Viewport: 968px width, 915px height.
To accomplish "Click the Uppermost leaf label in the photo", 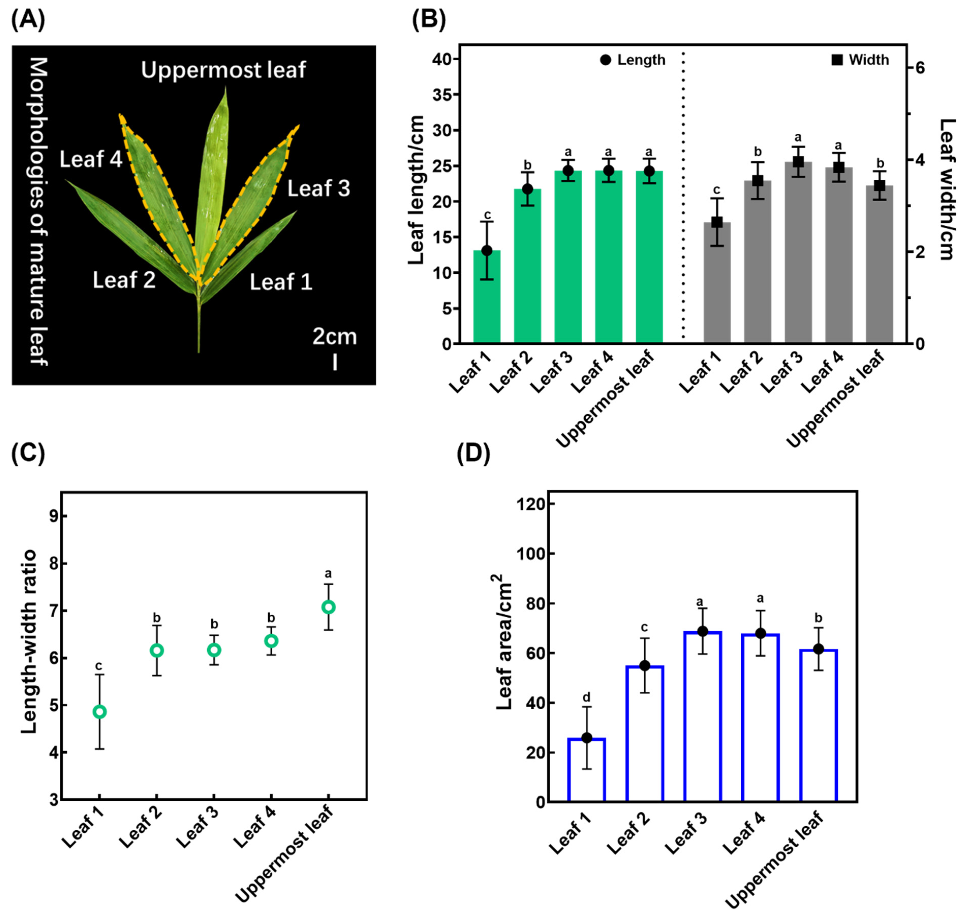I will (223, 70).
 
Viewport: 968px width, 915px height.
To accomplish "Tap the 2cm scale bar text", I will (335, 337).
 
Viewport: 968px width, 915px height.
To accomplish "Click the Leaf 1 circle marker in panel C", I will (100, 712).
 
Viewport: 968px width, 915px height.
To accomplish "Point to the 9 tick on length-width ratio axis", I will (52, 516).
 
